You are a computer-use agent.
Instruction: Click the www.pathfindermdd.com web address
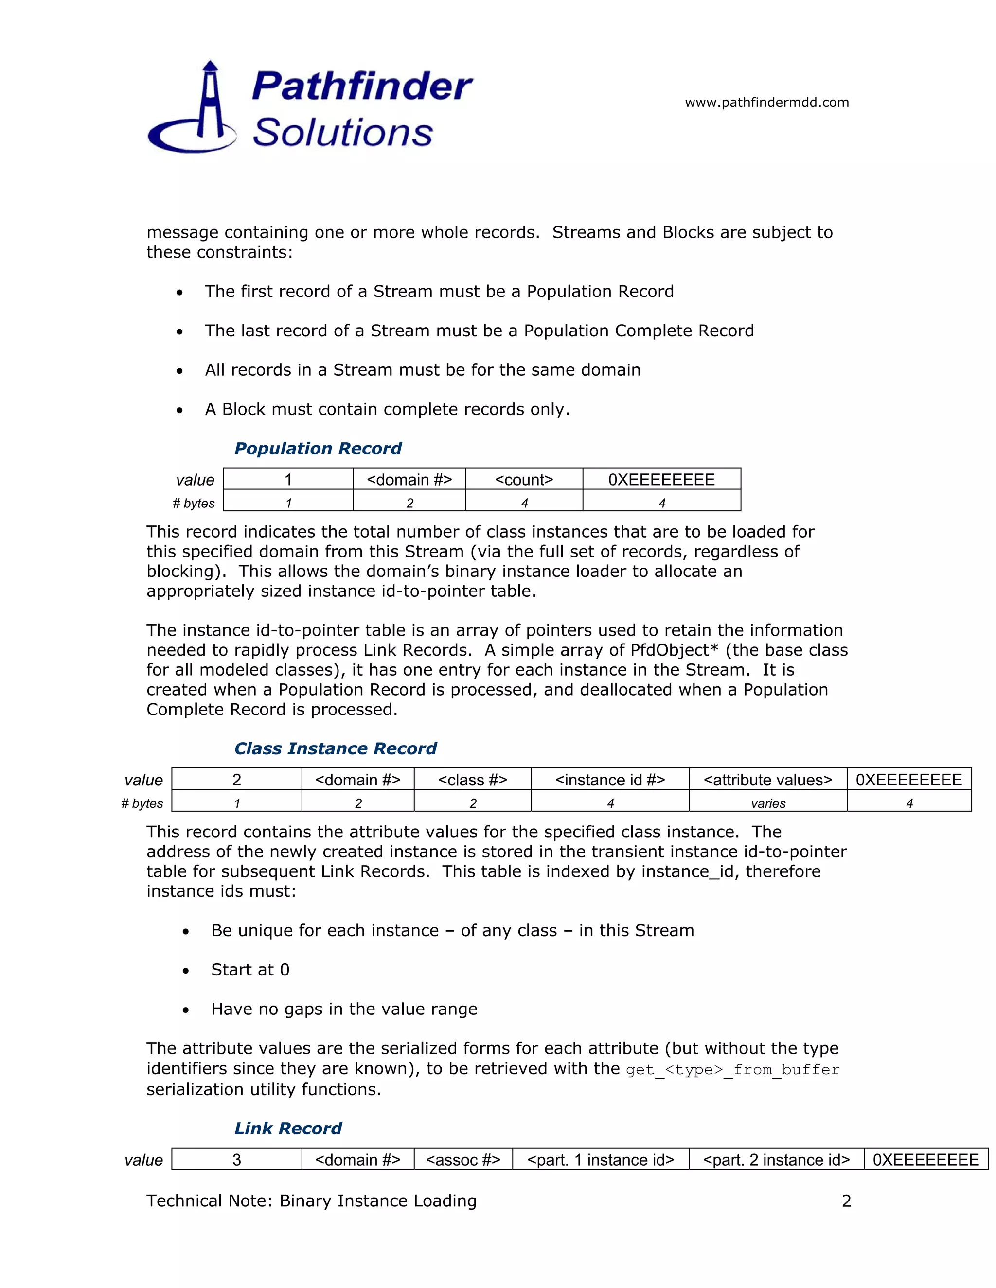click(766, 103)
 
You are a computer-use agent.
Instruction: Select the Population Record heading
click(318, 449)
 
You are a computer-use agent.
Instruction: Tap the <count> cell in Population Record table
click(523, 479)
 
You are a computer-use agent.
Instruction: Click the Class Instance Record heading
click(335, 748)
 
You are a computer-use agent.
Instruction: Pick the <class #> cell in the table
click(472, 780)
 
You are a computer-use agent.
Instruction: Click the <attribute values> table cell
click(767, 780)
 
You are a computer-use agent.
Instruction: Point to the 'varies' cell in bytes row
click(767, 803)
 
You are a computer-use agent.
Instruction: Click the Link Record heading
click(288, 1128)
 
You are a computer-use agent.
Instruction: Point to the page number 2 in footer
click(846, 1201)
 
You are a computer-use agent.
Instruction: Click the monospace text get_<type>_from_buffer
click(732, 1070)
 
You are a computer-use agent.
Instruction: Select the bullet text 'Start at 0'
click(250, 970)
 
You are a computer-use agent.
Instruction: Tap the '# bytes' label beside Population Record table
click(194, 503)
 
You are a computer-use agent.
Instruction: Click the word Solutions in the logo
click(343, 132)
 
